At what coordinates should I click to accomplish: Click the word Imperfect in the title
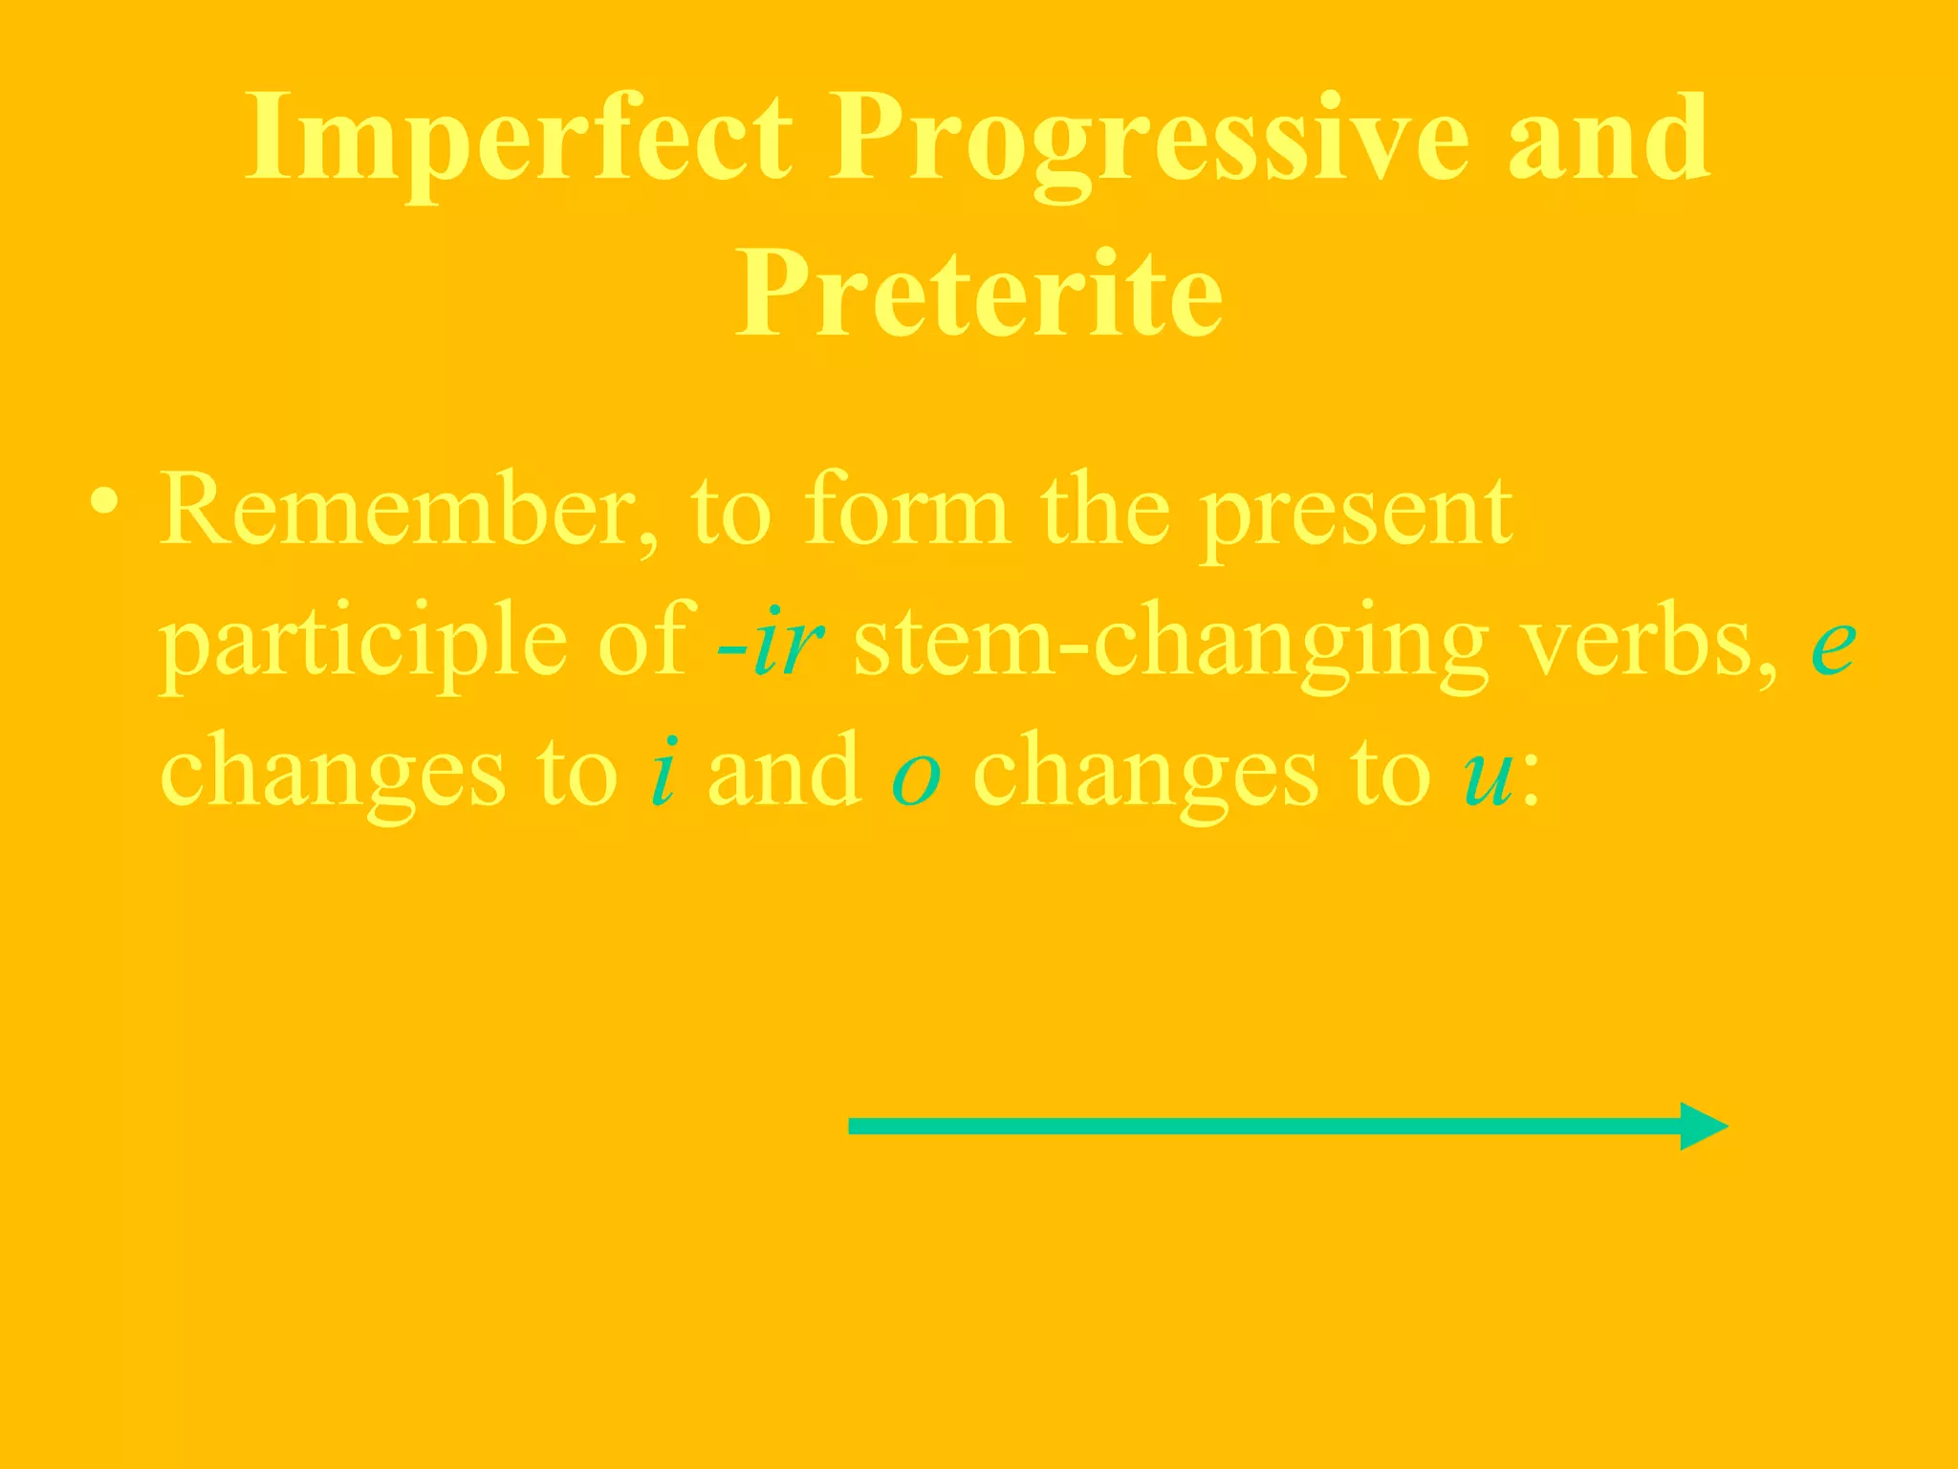tap(517, 140)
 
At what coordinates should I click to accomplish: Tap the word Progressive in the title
tap(1148, 140)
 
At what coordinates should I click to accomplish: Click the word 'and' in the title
tap(1609, 140)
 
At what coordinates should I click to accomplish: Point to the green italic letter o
tap(916, 777)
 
